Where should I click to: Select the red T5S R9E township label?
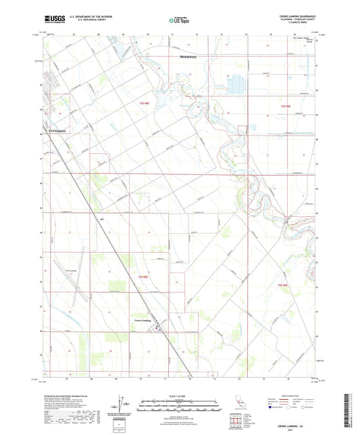point(284,106)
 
